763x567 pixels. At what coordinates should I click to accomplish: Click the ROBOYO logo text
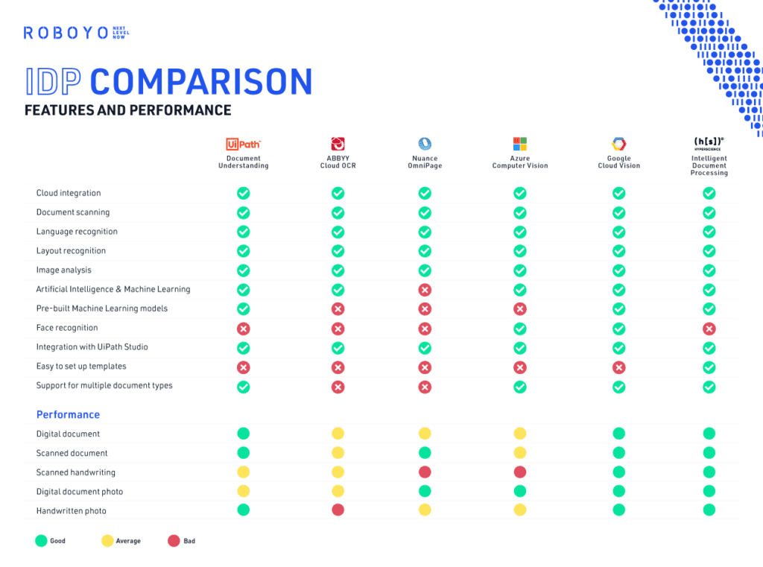pyautogui.click(x=66, y=33)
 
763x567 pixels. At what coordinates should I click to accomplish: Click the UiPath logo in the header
pyautogui.click(x=243, y=144)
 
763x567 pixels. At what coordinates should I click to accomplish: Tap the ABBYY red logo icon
pyautogui.click(x=338, y=144)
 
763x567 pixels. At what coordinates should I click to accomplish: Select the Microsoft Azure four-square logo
pyautogui.click(x=519, y=144)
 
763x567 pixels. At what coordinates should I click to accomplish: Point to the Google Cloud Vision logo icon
pyautogui.click(x=618, y=144)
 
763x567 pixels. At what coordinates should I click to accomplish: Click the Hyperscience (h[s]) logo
pyautogui.click(x=709, y=142)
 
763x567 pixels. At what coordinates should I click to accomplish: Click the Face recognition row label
pyautogui.click(x=67, y=328)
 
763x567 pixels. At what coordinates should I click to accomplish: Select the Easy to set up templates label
pyautogui.click(x=81, y=367)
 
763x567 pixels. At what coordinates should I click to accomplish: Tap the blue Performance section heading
pyautogui.click(x=68, y=415)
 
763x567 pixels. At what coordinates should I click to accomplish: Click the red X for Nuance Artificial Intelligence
pyautogui.click(x=425, y=290)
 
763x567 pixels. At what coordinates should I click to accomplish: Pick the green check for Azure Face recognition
pyautogui.click(x=520, y=329)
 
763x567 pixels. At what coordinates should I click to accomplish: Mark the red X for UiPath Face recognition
pyautogui.click(x=243, y=329)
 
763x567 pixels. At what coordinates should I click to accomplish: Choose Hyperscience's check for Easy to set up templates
pyautogui.click(x=709, y=367)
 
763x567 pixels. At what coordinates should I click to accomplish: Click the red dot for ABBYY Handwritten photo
pyautogui.click(x=338, y=510)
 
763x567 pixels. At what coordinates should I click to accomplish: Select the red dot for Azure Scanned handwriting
pyautogui.click(x=520, y=472)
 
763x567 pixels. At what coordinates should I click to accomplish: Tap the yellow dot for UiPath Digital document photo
pyautogui.click(x=243, y=491)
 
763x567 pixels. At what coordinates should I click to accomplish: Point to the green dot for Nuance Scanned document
pyautogui.click(x=425, y=452)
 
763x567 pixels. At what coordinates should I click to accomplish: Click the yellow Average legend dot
pyautogui.click(x=107, y=541)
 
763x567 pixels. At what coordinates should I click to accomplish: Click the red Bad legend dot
pyautogui.click(x=174, y=541)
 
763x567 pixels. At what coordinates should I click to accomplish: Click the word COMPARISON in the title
pyautogui.click(x=201, y=82)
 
